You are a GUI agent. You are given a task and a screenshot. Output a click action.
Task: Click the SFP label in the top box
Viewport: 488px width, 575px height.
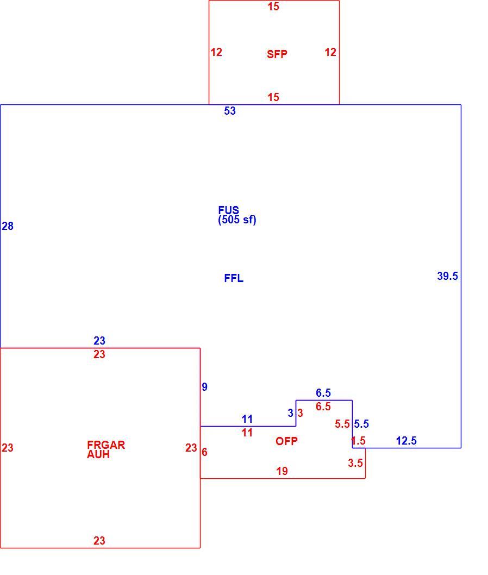tap(277, 54)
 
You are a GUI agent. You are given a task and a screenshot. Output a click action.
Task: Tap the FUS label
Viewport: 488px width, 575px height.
tap(228, 210)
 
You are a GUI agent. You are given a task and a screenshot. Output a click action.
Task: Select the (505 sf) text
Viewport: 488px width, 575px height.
tap(237, 220)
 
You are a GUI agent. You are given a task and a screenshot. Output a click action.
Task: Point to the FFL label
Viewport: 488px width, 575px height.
tap(234, 278)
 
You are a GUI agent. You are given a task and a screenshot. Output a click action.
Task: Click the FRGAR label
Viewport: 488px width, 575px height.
tap(106, 445)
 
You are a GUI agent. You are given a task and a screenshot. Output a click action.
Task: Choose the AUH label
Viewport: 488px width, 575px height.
tap(98, 454)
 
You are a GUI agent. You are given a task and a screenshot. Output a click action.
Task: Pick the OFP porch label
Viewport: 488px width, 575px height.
tap(286, 441)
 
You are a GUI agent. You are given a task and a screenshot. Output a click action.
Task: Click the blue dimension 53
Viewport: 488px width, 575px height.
tap(230, 111)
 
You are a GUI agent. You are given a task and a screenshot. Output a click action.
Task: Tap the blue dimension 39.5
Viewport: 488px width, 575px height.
tap(447, 276)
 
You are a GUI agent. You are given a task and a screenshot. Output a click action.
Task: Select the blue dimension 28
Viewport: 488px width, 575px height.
tap(8, 226)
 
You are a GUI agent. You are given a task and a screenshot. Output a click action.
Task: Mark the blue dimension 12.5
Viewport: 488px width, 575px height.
tap(406, 441)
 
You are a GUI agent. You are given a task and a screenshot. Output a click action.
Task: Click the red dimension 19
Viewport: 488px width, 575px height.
tap(282, 471)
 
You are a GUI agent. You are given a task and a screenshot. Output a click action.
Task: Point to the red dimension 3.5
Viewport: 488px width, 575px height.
tap(355, 463)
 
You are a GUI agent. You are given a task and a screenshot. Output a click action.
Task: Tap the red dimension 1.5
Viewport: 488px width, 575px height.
tap(358, 441)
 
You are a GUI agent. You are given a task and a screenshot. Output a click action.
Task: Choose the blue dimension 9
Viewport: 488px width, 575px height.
tap(204, 387)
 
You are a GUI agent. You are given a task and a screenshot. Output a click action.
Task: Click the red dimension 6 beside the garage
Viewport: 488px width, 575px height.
tap(204, 452)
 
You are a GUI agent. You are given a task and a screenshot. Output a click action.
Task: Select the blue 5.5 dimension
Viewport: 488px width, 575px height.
tap(361, 424)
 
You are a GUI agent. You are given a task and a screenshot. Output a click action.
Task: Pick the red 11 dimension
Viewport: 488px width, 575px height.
tap(247, 433)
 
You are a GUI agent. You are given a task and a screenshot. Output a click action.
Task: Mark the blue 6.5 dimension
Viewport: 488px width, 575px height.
tap(323, 393)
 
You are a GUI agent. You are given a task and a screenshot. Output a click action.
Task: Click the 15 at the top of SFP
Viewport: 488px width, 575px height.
tap(273, 7)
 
